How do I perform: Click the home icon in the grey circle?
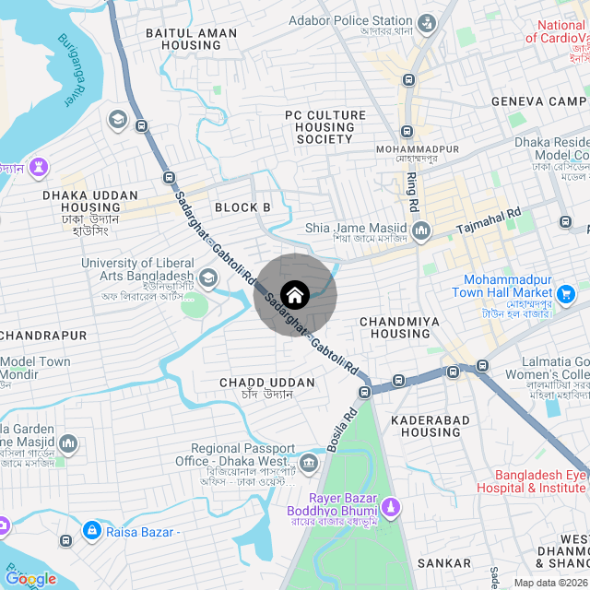point(295,295)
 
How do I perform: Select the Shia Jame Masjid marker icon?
point(421,230)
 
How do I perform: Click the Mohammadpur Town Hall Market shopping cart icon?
point(567,294)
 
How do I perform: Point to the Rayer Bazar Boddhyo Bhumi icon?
point(391,507)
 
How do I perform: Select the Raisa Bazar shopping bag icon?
point(91,531)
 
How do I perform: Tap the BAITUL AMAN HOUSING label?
point(191,39)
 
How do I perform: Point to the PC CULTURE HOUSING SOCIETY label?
point(324,127)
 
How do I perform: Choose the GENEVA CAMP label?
point(538,101)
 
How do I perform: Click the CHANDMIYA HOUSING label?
point(395,327)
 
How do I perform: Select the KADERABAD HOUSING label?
point(431,426)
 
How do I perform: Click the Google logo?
point(29,579)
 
